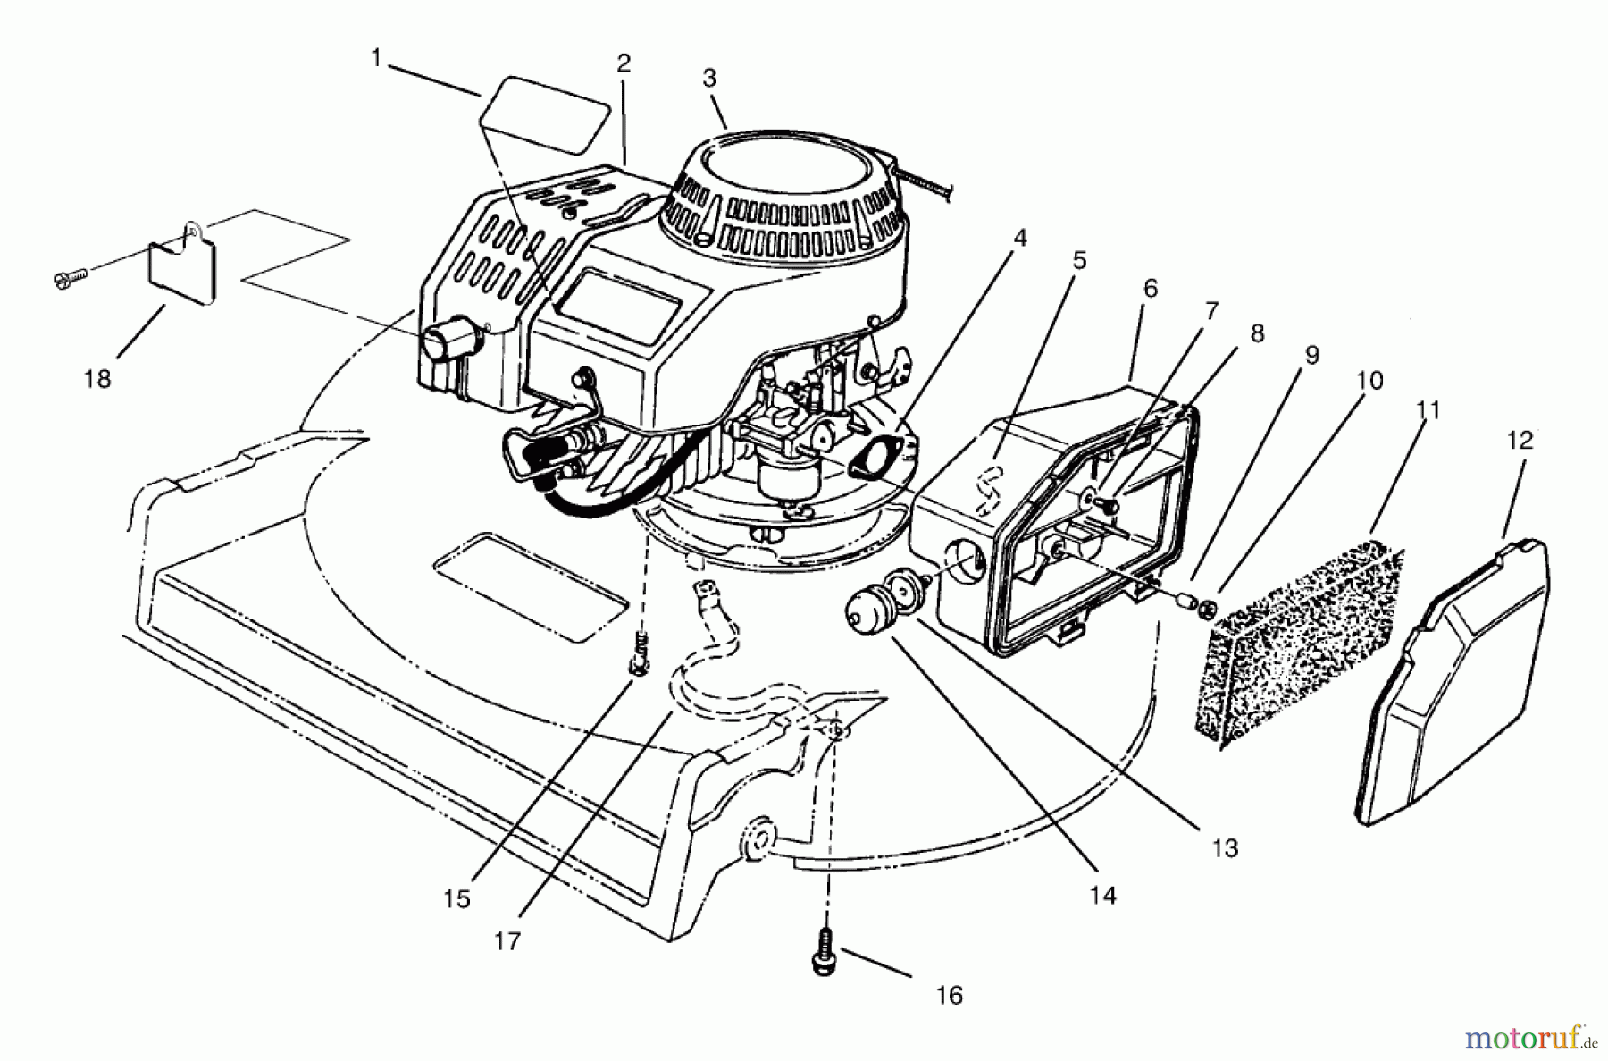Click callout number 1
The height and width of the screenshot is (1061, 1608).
pos(376,59)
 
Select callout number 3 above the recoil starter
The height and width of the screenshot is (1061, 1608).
pos(709,79)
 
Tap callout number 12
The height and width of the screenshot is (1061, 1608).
pos(1519,440)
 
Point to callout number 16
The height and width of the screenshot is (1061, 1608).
pos(949,995)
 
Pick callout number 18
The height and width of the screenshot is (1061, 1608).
pos(97,379)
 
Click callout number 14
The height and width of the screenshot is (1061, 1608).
pos(1103,895)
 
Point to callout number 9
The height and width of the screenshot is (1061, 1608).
pos(1311,356)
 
